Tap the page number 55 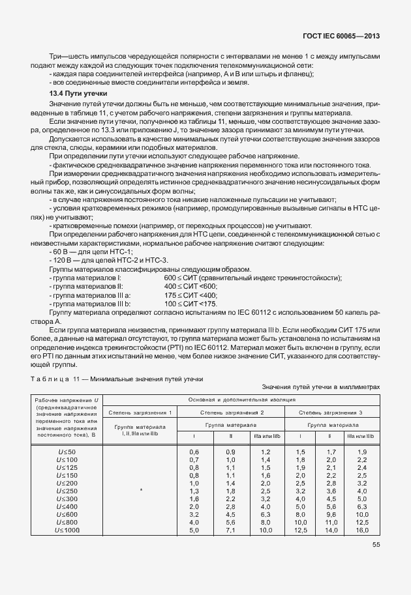376,546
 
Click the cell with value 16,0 362,530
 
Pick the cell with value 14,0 331,530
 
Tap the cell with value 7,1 230,530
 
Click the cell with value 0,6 194,452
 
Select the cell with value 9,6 331,514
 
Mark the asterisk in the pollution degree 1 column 141,491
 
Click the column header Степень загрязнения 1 141,412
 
